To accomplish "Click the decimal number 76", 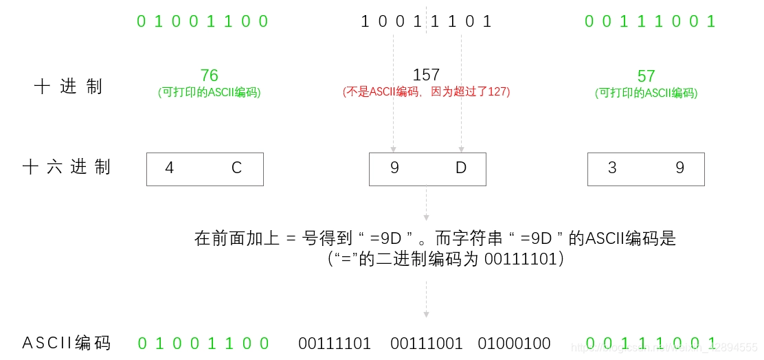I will pos(209,75).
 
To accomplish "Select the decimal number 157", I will pos(426,75).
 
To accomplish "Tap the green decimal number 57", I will pos(646,76).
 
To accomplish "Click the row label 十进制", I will pos(68,87).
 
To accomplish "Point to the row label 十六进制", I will pos(67,167).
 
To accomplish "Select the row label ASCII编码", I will pos(67,343).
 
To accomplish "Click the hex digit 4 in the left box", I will pos(170,168).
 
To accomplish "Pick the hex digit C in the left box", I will pos(236,168).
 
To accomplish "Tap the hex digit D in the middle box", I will pos(461,168).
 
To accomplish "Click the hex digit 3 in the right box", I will pos(612,168).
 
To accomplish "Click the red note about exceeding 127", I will pos(426,91).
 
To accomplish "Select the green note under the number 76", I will pos(209,92).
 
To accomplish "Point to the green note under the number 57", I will pos(646,93).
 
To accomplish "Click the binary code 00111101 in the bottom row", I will pos(335,344).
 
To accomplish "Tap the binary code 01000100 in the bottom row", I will pos(515,344).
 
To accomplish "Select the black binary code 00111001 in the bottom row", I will pos(427,344).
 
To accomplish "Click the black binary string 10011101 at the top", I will pos(427,21).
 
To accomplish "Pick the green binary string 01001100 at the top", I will pos(202,21).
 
